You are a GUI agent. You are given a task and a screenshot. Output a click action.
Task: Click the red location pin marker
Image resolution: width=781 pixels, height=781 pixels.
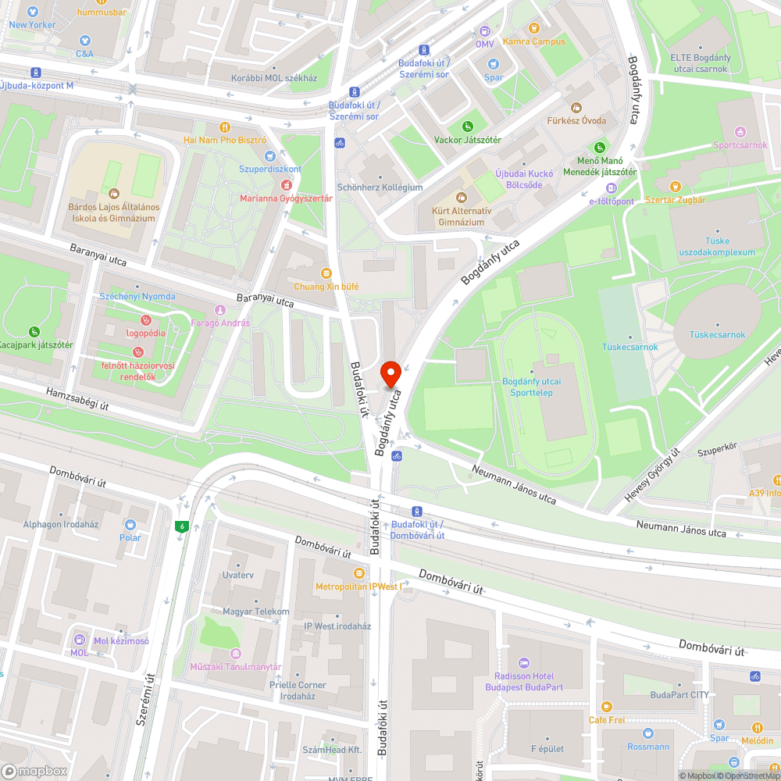pyautogui.click(x=390, y=373)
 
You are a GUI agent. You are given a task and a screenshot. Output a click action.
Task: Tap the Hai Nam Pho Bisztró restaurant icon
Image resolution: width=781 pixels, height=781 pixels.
pyautogui.click(x=225, y=127)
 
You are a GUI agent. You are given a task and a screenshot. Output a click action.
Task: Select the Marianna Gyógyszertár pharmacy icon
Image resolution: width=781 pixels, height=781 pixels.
pyautogui.click(x=286, y=185)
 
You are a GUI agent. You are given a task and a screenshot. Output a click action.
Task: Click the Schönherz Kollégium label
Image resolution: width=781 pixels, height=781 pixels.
pyautogui.click(x=380, y=187)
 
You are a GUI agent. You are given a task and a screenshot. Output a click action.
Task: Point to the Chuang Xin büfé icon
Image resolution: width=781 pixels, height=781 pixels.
pyautogui.click(x=326, y=273)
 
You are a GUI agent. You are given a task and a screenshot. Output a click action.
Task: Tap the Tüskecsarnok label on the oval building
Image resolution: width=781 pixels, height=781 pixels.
pyautogui.click(x=717, y=334)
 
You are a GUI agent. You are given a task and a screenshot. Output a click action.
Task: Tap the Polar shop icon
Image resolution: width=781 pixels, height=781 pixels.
pyautogui.click(x=130, y=525)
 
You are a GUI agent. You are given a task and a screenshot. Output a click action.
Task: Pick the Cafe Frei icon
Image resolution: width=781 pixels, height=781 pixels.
pyautogui.click(x=607, y=707)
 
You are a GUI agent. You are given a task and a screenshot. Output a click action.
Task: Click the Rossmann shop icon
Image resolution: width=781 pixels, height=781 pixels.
pyautogui.click(x=647, y=733)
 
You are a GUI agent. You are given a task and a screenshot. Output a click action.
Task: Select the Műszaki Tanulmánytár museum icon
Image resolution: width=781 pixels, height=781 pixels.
pyautogui.click(x=236, y=654)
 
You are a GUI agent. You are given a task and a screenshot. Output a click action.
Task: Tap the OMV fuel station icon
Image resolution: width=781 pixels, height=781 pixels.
pyautogui.click(x=485, y=31)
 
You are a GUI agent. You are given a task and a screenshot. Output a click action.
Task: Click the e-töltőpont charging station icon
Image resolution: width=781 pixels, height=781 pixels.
pyautogui.click(x=612, y=188)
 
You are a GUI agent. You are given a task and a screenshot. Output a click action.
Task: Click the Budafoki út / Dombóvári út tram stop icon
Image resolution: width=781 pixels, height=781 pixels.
pyautogui.click(x=418, y=511)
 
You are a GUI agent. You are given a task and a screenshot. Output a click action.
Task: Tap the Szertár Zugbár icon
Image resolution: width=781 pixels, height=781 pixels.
pyautogui.click(x=676, y=187)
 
